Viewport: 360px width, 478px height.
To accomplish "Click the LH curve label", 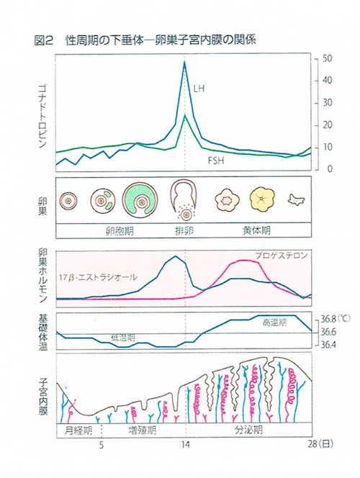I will pyautogui.click(x=199, y=89).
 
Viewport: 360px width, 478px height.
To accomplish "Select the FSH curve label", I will pyautogui.click(x=215, y=161).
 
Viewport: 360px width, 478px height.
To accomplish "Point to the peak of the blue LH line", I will pyautogui.click(x=185, y=63).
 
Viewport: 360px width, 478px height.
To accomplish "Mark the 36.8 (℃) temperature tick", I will pyautogui.click(x=329, y=318).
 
